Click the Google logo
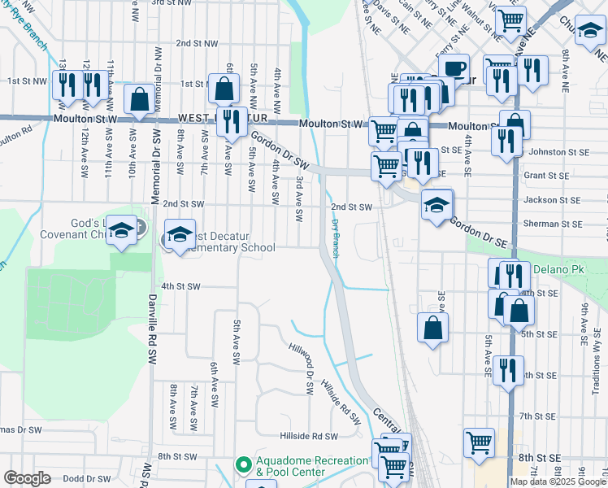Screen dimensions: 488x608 [27, 478]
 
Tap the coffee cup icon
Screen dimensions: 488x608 [454, 68]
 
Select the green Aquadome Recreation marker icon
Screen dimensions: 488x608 [242, 466]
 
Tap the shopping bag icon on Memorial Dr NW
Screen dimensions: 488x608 [140, 99]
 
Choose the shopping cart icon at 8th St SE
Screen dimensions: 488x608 [479, 442]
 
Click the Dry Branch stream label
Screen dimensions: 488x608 [335, 237]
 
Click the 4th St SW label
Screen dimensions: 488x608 [180, 286]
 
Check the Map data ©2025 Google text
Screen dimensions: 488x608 [558, 481]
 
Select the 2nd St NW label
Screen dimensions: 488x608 [198, 43]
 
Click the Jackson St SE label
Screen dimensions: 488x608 [554, 199]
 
